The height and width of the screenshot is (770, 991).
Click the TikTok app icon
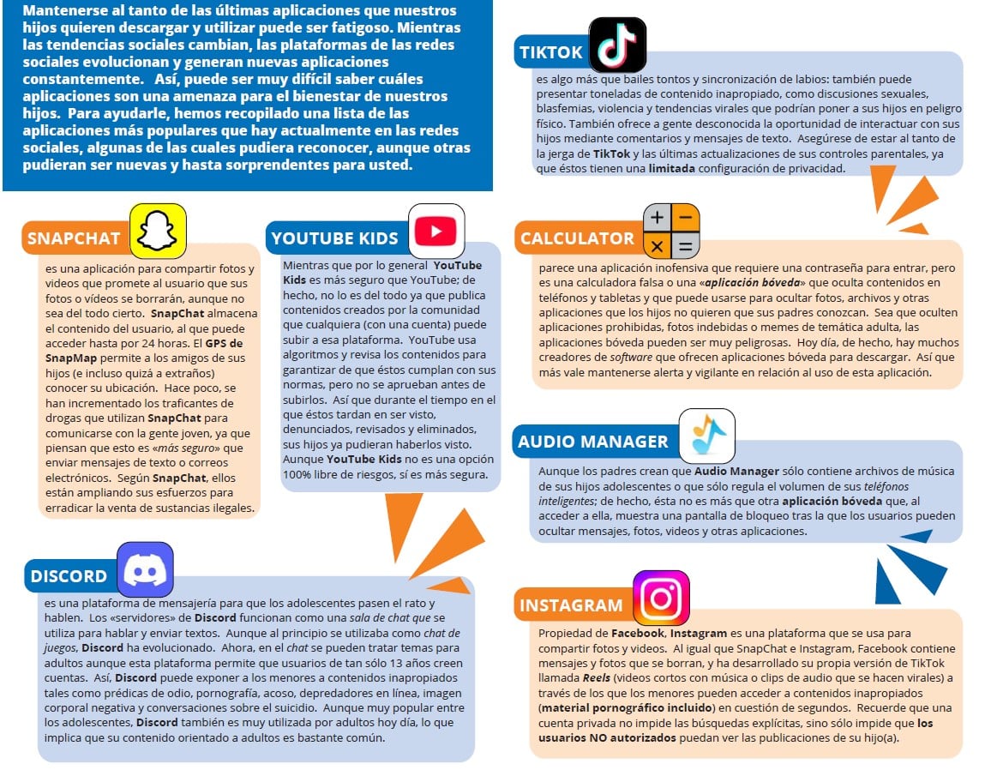617,45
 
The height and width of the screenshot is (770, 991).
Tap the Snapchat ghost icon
158,231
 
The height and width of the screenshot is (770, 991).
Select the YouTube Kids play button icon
436,231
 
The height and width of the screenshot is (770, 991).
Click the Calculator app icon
671,232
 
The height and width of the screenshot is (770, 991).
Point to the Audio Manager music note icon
707,436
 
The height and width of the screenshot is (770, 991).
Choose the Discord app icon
145,569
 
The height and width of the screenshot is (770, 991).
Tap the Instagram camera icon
661,598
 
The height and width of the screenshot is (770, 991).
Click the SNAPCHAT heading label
74,238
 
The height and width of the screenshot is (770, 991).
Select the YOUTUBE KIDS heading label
334,238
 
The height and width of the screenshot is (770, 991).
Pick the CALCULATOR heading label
577,238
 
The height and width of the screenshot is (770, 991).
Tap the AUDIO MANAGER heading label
592,442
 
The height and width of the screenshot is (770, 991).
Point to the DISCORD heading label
69,576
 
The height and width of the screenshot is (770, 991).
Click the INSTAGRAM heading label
571,605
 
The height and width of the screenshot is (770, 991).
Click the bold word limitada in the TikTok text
672,168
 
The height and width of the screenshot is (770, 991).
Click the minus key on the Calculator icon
685,218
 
